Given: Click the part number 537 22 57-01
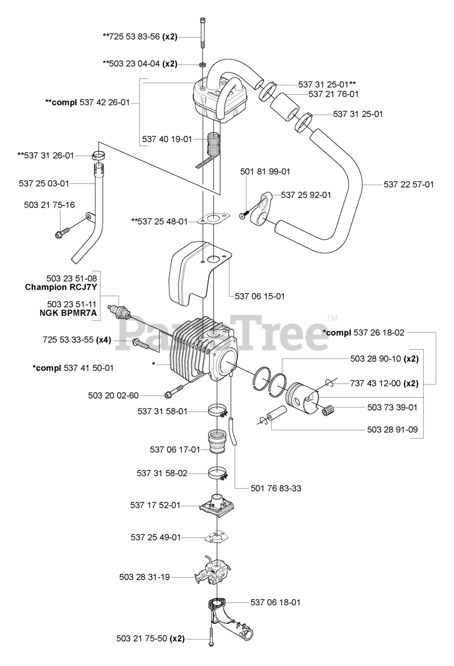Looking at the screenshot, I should [x=409, y=184].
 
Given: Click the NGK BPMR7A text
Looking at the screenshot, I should [x=72, y=312].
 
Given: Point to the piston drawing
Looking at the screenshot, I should [x=303, y=398].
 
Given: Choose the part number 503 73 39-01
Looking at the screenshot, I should [x=392, y=407].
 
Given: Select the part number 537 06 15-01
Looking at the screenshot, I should [x=260, y=296].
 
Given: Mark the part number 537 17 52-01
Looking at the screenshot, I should [x=155, y=505].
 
